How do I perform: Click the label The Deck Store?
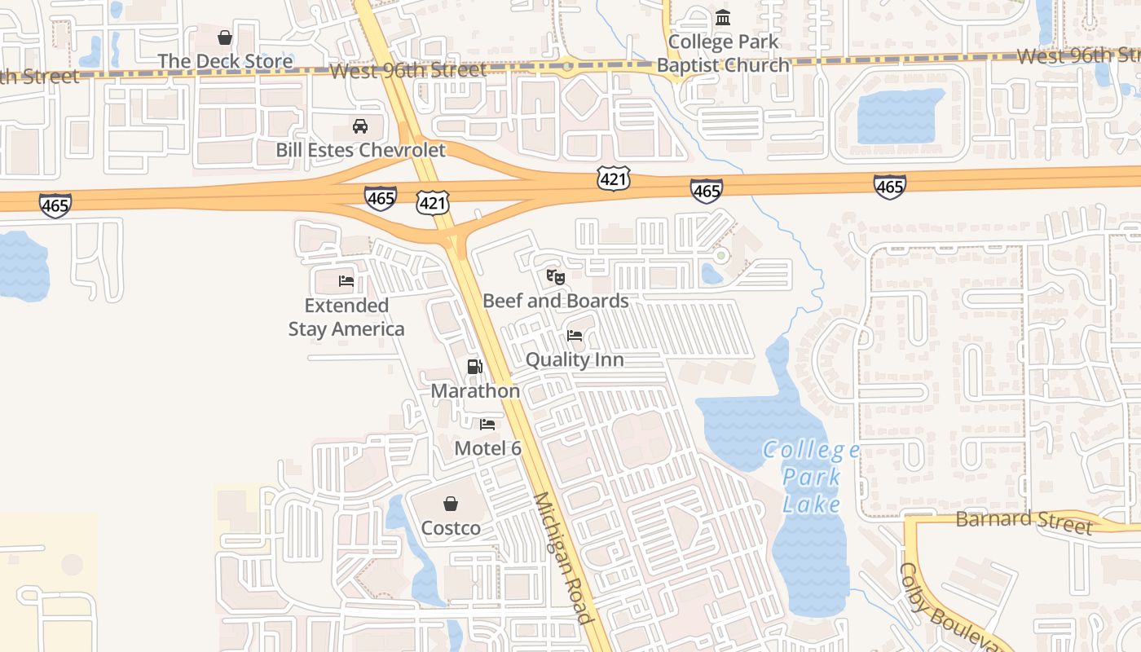coord(225,61)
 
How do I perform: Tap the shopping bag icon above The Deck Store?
coord(225,37)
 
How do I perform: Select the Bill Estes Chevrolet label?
coord(360,150)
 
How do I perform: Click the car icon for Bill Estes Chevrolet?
coord(359,126)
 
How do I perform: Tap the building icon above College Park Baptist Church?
coord(723,17)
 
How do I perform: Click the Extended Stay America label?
coord(346,317)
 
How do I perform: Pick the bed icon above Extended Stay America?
coord(346,281)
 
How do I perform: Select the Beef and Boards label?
coord(556,301)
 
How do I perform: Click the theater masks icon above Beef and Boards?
coord(556,277)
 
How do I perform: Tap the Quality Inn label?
coord(575,359)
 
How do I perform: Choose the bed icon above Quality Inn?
coord(575,336)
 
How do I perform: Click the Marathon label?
coord(475,390)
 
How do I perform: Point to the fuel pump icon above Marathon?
coord(475,367)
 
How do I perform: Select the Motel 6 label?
coord(487,447)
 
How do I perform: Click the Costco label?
coord(451,528)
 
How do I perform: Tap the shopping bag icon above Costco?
coord(451,504)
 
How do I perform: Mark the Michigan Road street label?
coord(562,558)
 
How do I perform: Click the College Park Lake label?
coord(812,477)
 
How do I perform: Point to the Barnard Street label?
coord(1024,521)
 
